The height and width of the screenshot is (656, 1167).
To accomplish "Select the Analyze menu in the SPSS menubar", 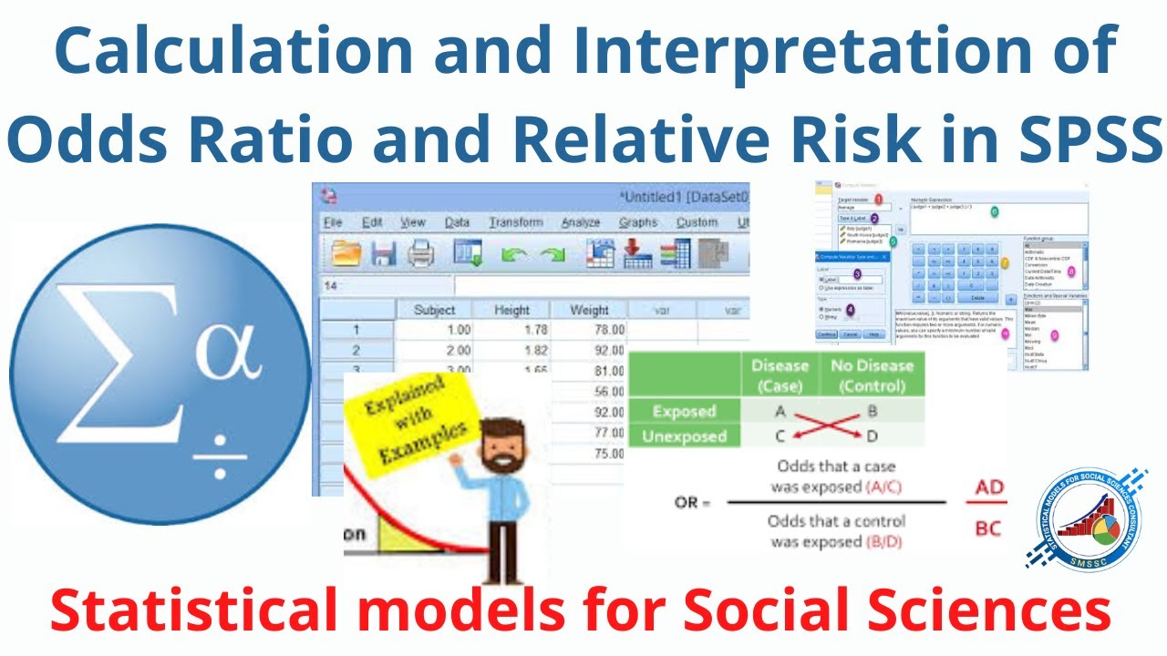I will [x=580, y=222].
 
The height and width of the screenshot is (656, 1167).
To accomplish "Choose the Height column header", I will [x=511, y=310].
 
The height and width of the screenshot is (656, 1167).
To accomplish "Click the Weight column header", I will [x=589, y=310].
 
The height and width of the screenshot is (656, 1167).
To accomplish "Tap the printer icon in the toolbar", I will [x=421, y=255].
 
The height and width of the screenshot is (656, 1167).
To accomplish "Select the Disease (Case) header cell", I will [x=780, y=374].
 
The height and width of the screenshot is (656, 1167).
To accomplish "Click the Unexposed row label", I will [x=683, y=436].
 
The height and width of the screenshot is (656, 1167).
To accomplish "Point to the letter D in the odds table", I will [x=873, y=436].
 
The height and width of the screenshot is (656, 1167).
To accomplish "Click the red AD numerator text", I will [x=989, y=487].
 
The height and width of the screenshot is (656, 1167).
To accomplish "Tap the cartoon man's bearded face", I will [x=497, y=447].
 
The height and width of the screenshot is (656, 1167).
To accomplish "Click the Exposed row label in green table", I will [x=683, y=411].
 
